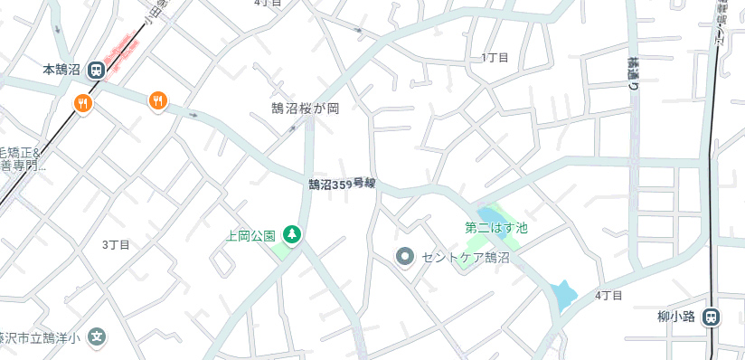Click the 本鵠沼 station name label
click(x=61, y=69)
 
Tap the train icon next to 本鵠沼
click(x=95, y=69)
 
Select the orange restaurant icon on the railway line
click(x=83, y=103)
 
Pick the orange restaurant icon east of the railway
click(x=158, y=100)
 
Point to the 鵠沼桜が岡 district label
click(x=305, y=109)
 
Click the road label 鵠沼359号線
click(x=341, y=185)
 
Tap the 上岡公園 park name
click(x=250, y=236)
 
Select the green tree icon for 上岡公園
click(x=292, y=235)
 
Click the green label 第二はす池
click(x=495, y=229)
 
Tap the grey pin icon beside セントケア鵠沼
click(x=405, y=257)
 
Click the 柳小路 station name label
click(x=675, y=317)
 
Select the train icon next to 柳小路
click(x=712, y=317)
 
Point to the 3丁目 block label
click(x=116, y=245)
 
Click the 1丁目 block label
click(x=495, y=58)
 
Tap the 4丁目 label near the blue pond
click(x=609, y=296)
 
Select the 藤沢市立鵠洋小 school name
click(x=40, y=338)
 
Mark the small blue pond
click(x=563, y=294)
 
